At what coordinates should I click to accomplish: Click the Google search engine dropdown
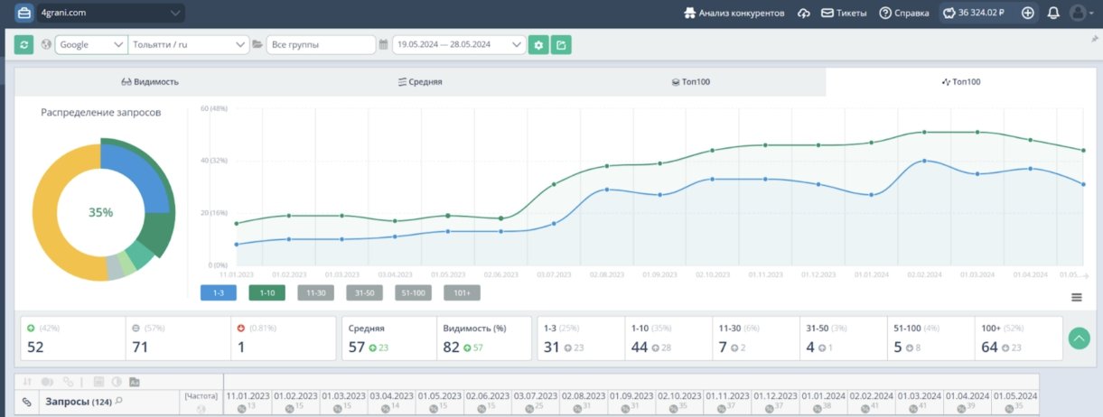pos(91,44)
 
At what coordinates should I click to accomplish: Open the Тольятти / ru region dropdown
pos(189,44)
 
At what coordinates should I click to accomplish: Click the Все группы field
pos(320,44)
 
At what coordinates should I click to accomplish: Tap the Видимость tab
pos(150,81)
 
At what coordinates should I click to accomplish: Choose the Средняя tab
pos(420,81)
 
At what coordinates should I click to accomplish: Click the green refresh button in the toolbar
pos(24,44)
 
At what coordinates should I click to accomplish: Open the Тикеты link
pos(844,13)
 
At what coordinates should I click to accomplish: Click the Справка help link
pos(904,13)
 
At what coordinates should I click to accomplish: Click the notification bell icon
pos(1053,13)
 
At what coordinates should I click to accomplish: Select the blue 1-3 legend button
pos(219,292)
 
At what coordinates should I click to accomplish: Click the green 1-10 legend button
pos(267,292)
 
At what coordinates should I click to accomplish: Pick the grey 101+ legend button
pos(462,292)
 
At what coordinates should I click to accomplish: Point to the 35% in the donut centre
pos(100,212)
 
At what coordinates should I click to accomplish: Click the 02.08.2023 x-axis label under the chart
pos(606,274)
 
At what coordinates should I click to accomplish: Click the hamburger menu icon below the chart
pos(1077,297)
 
